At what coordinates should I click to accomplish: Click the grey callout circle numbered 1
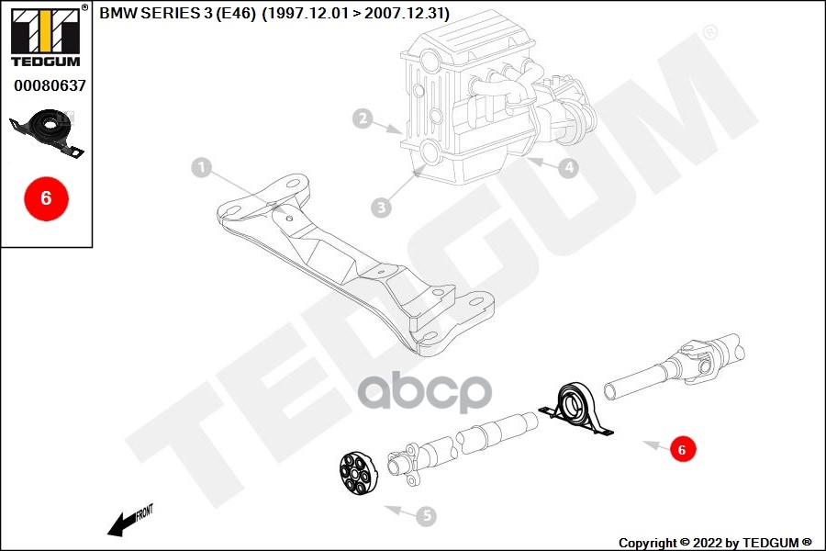coord(202,168)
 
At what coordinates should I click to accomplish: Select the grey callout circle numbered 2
coord(363,118)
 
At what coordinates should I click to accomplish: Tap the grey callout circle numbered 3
coord(382,208)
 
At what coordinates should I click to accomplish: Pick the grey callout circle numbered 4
coord(569,168)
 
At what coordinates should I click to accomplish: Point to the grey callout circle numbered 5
coord(426,517)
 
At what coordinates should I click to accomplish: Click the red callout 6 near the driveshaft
coord(680,450)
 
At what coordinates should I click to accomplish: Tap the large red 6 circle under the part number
coord(46,197)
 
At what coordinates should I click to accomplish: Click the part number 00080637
coord(50,86)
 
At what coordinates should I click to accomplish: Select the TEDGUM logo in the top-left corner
coord(45,38)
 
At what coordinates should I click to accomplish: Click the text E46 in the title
coord(234,14)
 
